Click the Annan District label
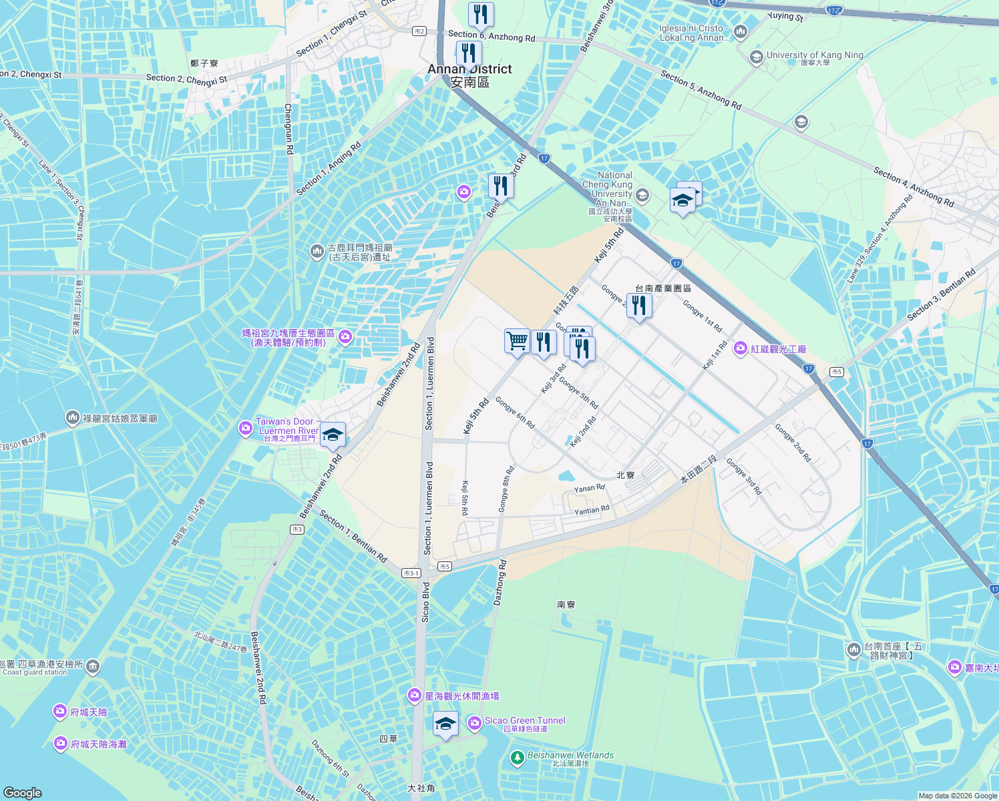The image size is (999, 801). coord(469,75)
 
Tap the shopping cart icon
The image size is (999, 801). coord(517,341)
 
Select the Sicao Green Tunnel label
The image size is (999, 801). coord(525,721)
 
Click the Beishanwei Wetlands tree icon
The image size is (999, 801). coord(517,758)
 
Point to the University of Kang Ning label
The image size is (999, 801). coord(815,55)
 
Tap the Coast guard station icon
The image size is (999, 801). coord(93,665)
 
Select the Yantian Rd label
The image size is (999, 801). coord(592,511)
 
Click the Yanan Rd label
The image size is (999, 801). coord(589,489)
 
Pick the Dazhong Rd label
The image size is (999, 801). coord(499,583)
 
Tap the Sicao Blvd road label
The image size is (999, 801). coord(425,602)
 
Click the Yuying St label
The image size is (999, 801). coord(785,16)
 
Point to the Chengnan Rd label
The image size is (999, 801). coord(288,129)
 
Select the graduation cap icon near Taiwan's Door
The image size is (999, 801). coord(332,435)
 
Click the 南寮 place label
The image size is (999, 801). coord(566,605)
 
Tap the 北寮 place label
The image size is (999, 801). coord(625,475)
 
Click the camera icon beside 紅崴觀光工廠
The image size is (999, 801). coord(740,348)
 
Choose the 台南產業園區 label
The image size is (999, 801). coord(662,288)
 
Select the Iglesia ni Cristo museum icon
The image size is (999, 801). coord(740,31)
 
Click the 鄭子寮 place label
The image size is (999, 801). coord(204,63)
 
